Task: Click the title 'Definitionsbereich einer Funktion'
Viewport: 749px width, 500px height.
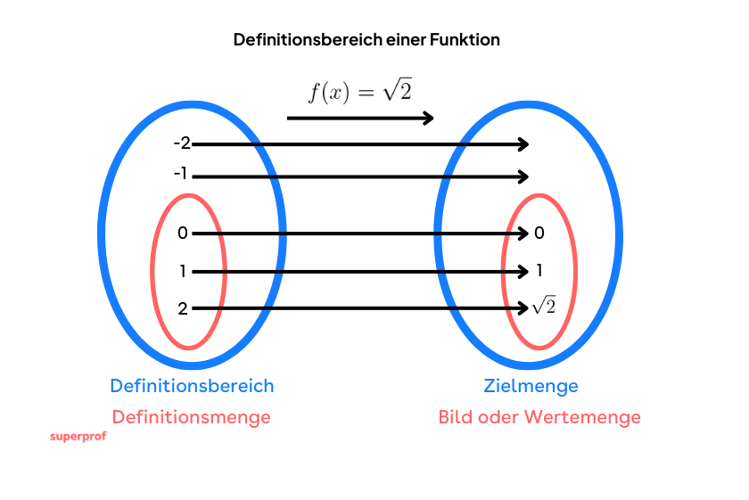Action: (366, 40)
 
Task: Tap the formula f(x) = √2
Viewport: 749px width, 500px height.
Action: (360, 91)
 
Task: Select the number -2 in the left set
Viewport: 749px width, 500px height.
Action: (182, 143)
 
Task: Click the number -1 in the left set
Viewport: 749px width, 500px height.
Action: (181, 174)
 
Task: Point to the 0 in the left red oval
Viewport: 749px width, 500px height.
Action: (183, 234)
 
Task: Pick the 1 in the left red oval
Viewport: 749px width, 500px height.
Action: (183, 271)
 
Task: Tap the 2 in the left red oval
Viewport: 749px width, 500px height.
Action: (183, 309)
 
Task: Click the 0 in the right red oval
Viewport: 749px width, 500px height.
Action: (539, 234)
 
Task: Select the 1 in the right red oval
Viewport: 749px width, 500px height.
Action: (539, 271)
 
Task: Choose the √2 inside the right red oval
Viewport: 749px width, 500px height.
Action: (543, 307)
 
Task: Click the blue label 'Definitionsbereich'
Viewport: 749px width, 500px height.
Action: (192, 386)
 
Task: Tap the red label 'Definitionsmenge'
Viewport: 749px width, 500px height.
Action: (192, 416)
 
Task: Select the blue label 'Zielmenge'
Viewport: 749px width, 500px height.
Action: (531, 386)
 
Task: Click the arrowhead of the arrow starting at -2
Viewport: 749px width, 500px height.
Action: (524, 144)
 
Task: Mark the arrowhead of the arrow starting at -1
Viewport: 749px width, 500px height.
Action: (524, 176)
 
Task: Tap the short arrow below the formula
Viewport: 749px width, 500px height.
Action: (360, 118)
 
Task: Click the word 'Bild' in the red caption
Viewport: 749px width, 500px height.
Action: (455, 416)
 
